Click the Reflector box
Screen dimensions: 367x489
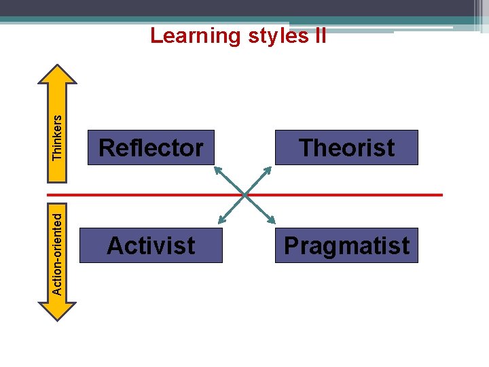(x=151, y=147)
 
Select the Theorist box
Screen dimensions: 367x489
(x=346, y=147)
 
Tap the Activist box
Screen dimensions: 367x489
(x=151, y=245)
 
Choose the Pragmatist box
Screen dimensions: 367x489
(x=346, y=245)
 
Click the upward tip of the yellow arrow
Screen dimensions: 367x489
(x=58, y=67)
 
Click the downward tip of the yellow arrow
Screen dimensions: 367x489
(x=58, y=317)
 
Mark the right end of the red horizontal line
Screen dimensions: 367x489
(x=441, y=195)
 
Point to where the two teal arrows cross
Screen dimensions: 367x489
(x=245, y=195)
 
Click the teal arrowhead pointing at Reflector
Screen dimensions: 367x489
(x=217, y=168)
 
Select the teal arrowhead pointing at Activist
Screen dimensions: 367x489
(x=219, y=222)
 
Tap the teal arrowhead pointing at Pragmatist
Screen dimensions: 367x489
(x=272, y=222)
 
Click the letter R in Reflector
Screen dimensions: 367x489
(x=106, y=147)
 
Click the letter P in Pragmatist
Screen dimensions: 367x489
(x=292, y=245)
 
